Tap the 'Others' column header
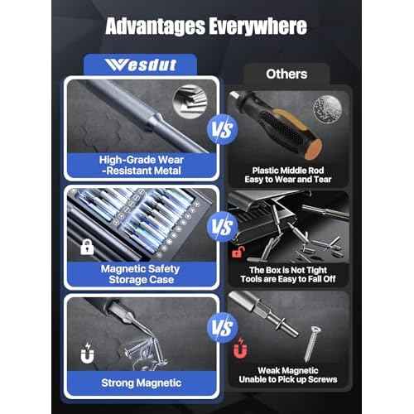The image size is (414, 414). pos(286,74)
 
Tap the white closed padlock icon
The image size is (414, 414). pos(85,246)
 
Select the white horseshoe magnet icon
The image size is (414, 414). pos(85,357)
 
